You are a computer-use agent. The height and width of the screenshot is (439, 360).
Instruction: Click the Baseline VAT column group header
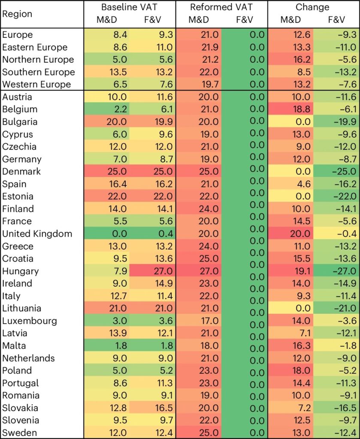(129, 7)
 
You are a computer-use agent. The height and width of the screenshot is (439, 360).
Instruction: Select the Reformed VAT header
(221, 7)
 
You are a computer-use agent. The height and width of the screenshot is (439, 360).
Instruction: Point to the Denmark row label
(21, 171)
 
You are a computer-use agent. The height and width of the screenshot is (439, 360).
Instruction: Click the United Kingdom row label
(37, 234)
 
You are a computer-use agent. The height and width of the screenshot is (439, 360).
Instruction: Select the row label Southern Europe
(39, 72)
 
